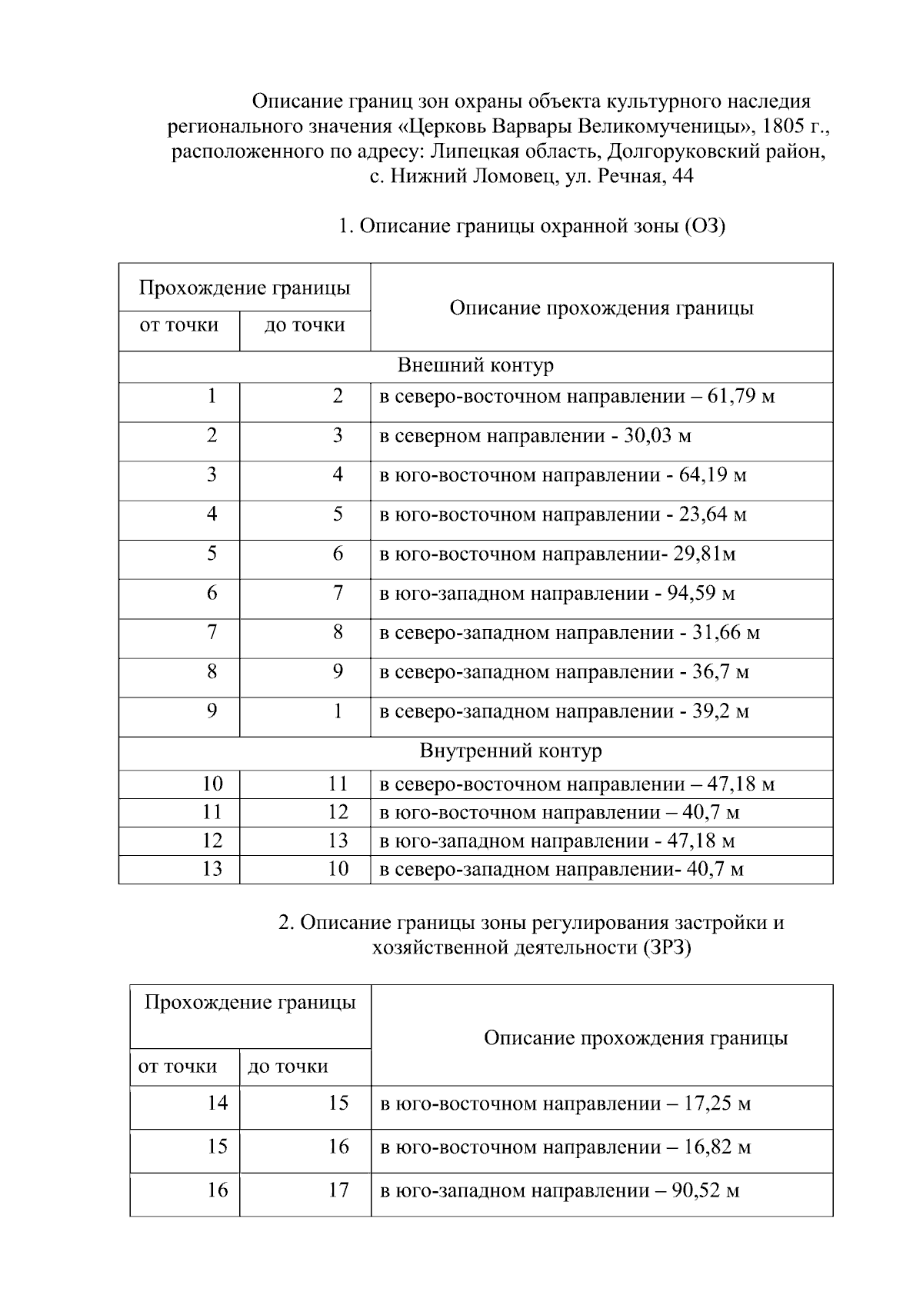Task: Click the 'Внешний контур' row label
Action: pyautogui.click(x=475, y=365)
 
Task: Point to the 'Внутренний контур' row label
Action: pyautogui.click(x=511, y=751)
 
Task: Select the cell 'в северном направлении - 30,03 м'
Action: pyautogui.click(x=535, y=437)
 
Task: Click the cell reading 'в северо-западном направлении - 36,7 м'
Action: pyautogui.click(x=564, y=673)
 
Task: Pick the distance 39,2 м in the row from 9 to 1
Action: pyautogui.click(x=721, y=712)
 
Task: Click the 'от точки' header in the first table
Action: pyautogui.click(x=179, y=325)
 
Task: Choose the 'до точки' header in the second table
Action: pyautogui.click(x=288, y=1067)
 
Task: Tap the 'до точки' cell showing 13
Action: pyautogui.click(x=338, y=841)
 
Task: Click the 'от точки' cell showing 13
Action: pyautogui.click(x=212, y=869)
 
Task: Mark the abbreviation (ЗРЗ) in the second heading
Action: pyautogui.click(x=666, y=947)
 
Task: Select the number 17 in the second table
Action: pyautogui.click(x=338, y=1190)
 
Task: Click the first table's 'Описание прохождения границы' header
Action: pyautogui.click(x=601, y=308)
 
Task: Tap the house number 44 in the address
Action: pyautogui.click(x=682, y=177)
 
